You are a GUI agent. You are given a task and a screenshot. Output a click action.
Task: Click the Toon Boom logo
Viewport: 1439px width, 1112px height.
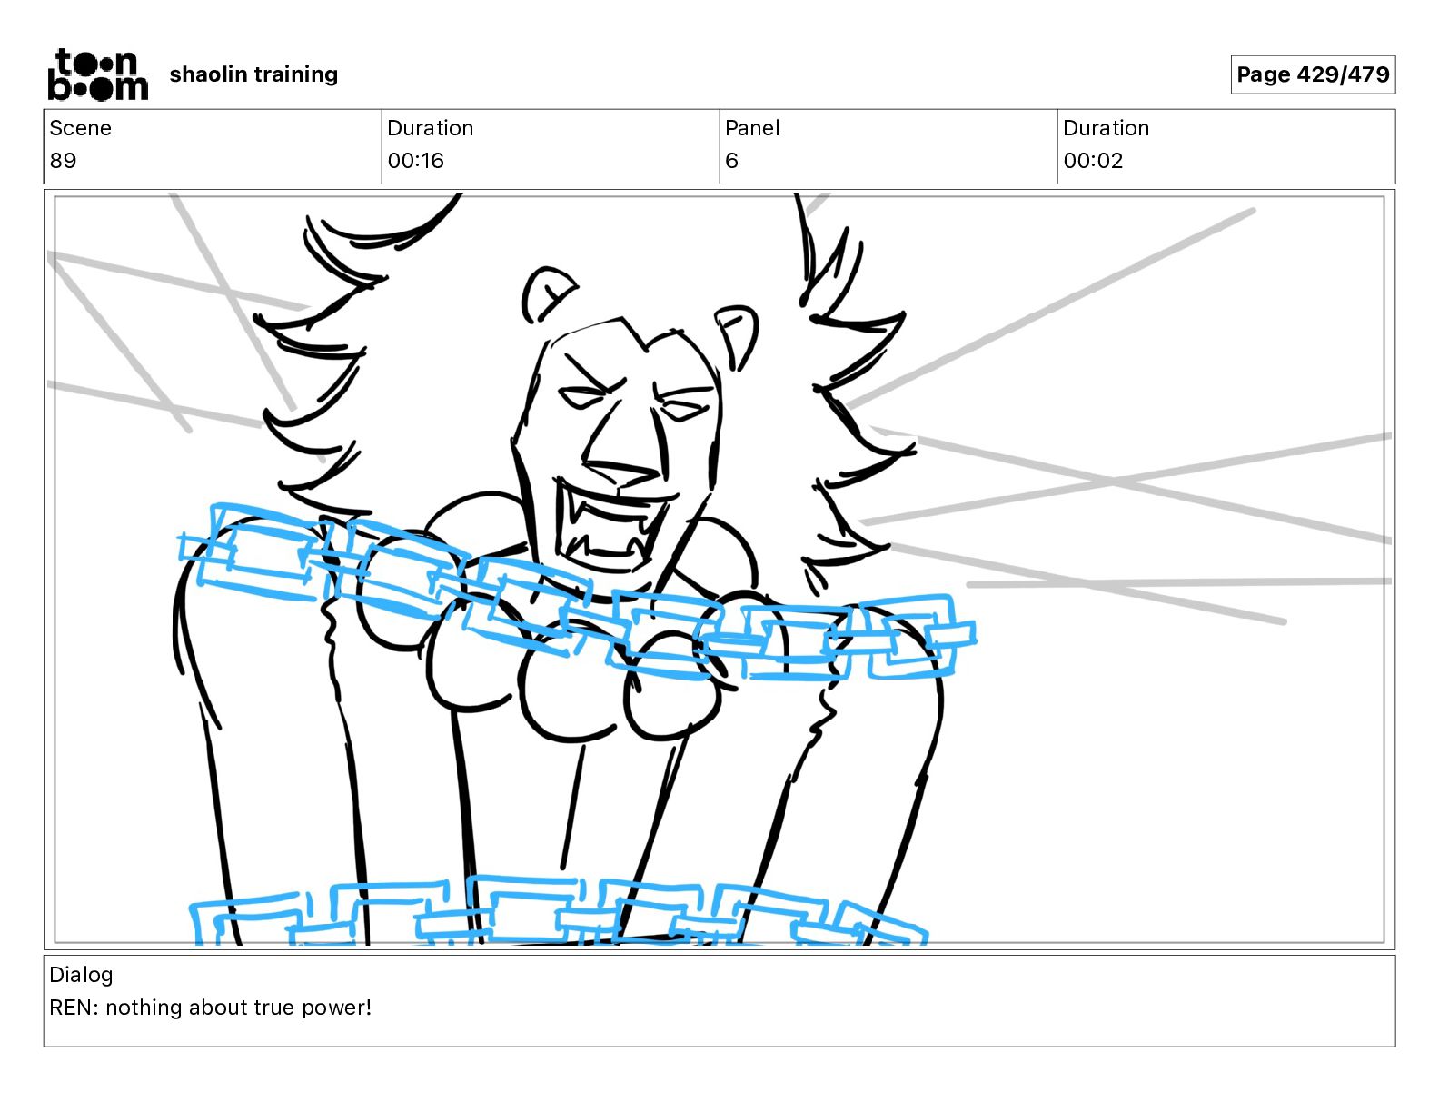click(97, 74)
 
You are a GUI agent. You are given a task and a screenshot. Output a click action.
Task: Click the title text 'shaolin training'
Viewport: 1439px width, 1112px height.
click(253, 74)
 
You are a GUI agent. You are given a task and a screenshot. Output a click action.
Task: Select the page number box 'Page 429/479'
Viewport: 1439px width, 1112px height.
click(1313, 74)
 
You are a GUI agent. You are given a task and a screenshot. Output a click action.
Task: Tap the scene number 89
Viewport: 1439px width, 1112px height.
click(63, 161)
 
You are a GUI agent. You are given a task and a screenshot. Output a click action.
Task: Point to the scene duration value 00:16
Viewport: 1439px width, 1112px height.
click(415, 161)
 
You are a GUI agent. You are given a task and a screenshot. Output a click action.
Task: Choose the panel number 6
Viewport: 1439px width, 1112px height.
click(731, 161)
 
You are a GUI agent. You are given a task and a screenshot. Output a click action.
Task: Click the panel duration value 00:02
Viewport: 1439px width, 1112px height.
click(1093, 161)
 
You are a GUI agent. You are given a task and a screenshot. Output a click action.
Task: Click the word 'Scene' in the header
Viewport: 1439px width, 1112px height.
click(80, 128)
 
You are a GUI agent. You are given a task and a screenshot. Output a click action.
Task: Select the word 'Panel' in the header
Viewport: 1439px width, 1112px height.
click(752, 128)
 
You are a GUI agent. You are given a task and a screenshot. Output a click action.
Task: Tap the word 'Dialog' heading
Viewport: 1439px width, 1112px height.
click(81, 975)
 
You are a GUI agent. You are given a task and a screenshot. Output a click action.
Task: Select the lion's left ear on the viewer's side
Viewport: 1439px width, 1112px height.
click(548, 293)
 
